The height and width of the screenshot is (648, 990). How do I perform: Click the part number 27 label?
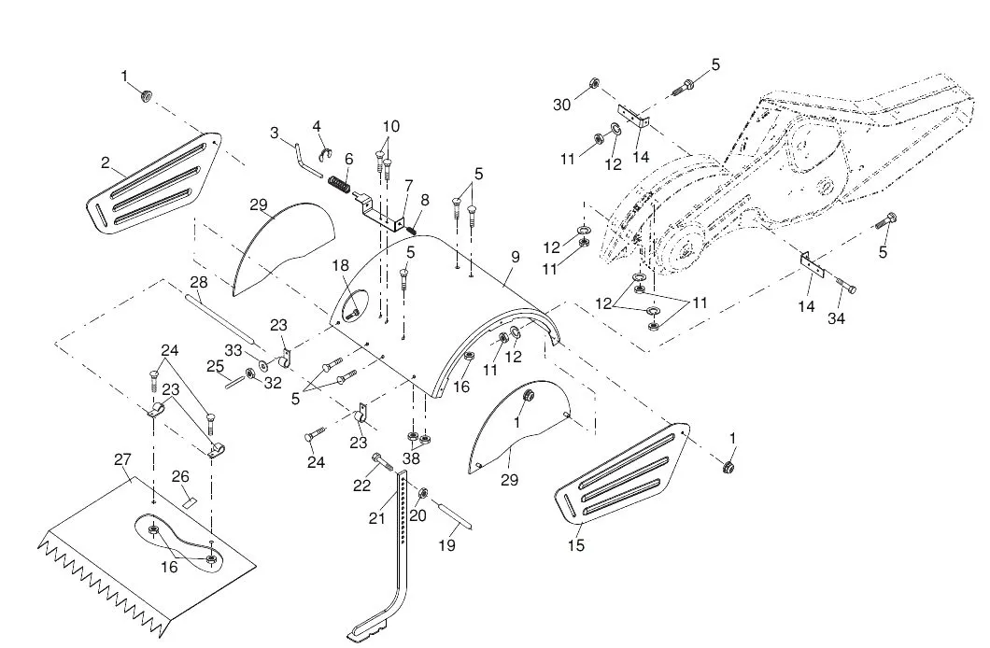(121, 459)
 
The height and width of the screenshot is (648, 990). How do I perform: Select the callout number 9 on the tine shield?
(516, 258)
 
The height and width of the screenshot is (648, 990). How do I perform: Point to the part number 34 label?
(836, 319)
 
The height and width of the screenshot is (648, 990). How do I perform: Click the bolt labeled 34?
(845, 286)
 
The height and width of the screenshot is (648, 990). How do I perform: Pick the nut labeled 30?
(593, 83)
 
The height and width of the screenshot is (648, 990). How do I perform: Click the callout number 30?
(562, 105)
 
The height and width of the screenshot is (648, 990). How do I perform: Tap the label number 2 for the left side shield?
(106, 162)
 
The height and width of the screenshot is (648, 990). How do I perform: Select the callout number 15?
(576, 544)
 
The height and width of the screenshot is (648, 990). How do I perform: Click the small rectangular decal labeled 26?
(189, 502)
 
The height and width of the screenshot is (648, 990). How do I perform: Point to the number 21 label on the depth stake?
(377, 518)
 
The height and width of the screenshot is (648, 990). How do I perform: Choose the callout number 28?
(199, 281)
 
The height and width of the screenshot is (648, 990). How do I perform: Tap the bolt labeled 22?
(383, 461)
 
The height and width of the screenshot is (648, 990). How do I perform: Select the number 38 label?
(411, 458)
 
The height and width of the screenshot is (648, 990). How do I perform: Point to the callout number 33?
(233, 349)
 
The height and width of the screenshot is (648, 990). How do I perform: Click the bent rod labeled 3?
(308, 161)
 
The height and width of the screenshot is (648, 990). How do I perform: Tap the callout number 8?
(424, 201)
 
